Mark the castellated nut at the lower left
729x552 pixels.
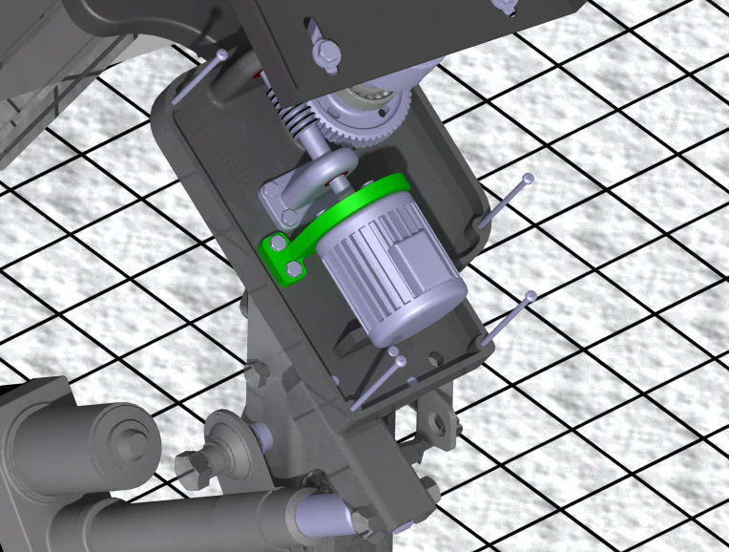pyautogui.click(x=192, y=468)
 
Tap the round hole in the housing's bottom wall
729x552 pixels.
pyautogui.click(x=435, y=361)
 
